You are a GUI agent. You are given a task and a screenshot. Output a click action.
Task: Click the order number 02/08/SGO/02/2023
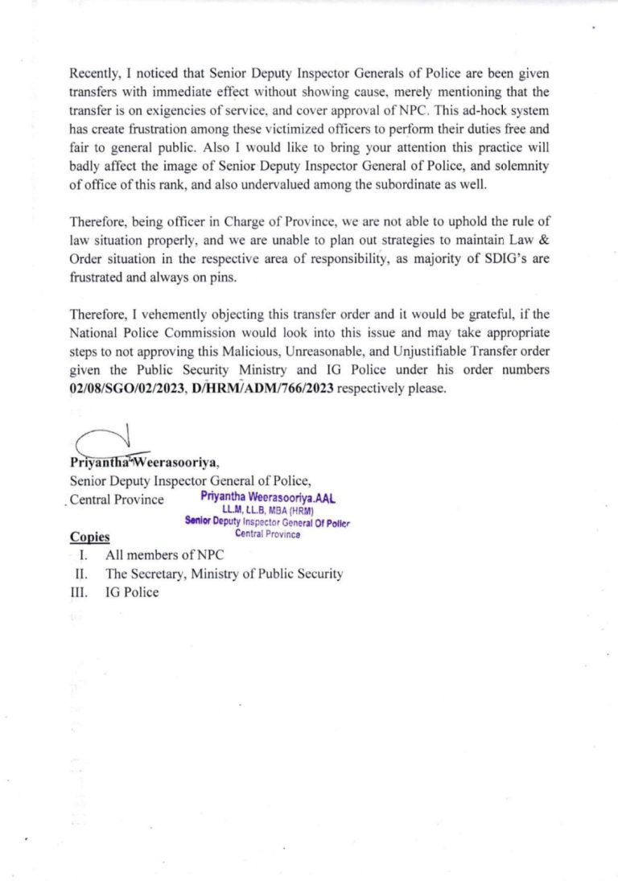point(122,387)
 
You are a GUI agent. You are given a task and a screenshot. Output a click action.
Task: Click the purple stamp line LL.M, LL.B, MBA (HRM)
point(267,509)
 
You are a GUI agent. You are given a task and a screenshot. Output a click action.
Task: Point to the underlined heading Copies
point(89,537)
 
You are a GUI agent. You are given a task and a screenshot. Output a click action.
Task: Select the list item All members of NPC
point(164,555)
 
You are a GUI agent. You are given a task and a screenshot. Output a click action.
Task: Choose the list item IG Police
point(131,592)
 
